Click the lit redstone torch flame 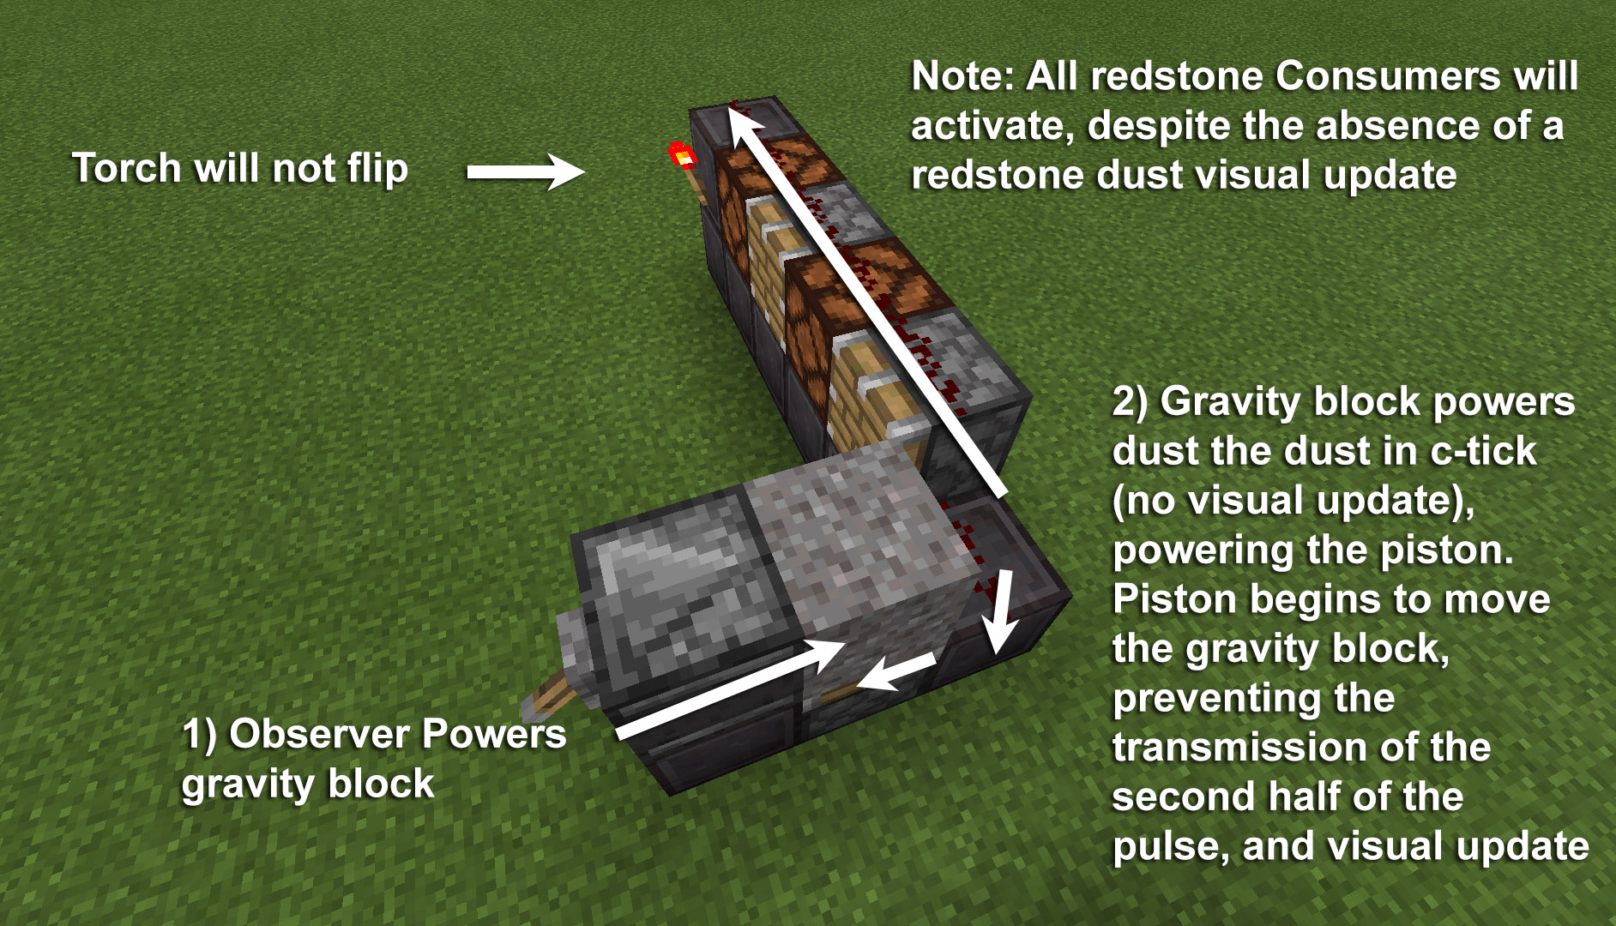point(682,155)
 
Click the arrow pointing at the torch point(524,171)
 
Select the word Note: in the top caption point(962,76)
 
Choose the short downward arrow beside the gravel point(999,614)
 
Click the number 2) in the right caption point(1131,401)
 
